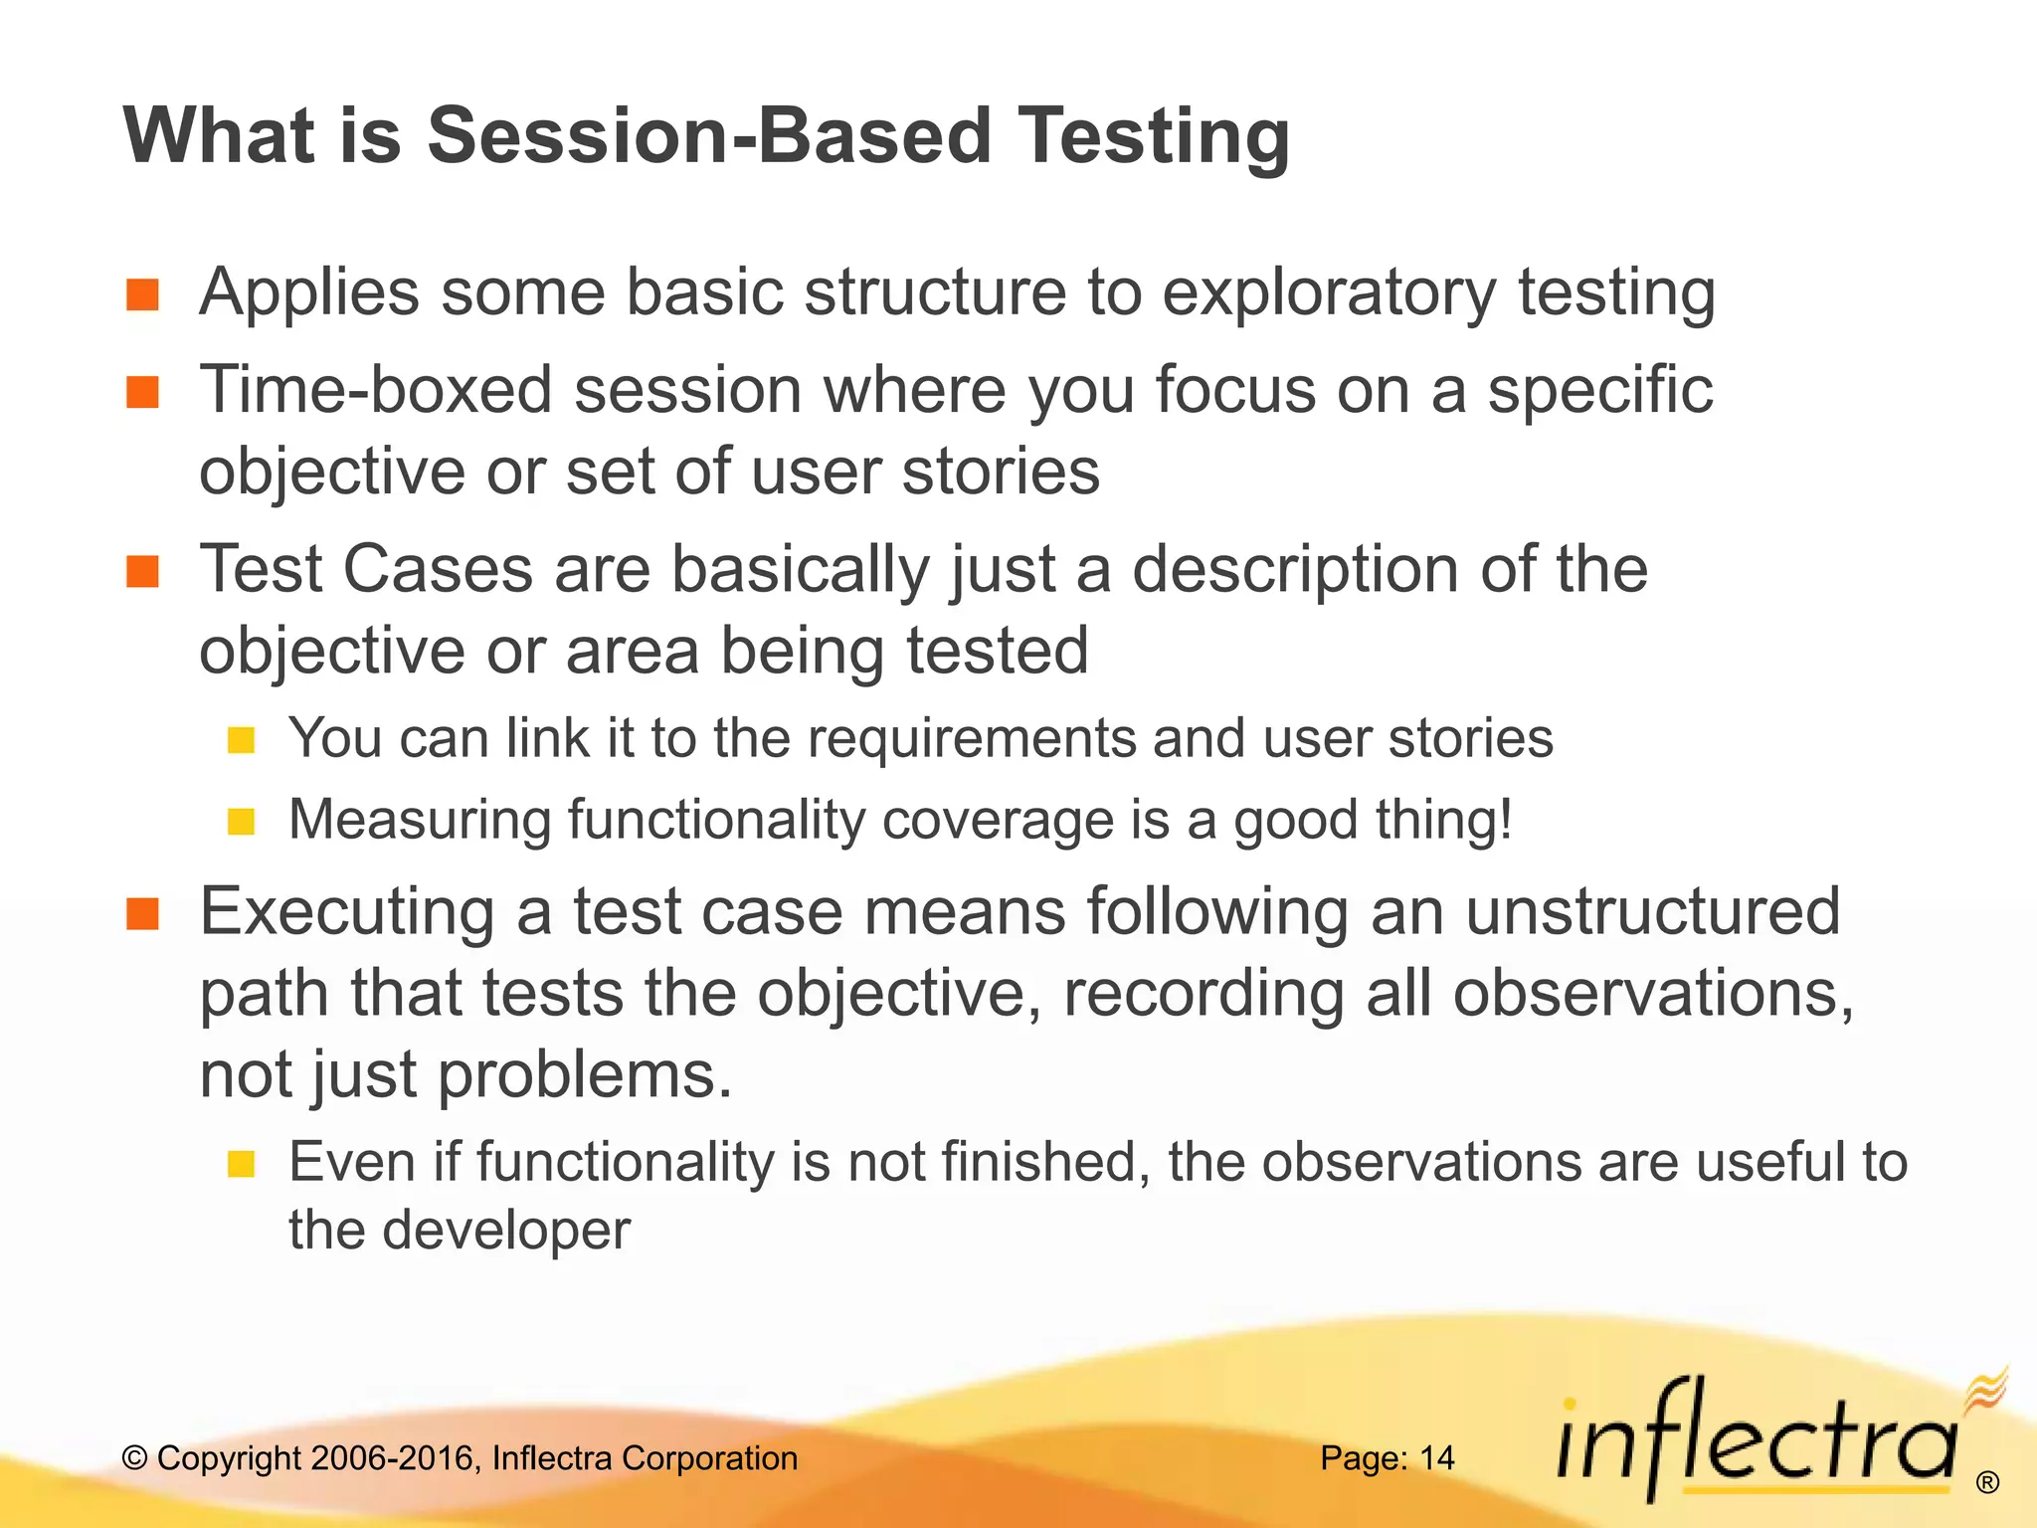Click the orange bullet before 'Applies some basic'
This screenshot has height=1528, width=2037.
[x=143, y=294]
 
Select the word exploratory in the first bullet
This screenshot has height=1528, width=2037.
[x=1329, y=294]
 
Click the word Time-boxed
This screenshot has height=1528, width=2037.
[x=376, y=390]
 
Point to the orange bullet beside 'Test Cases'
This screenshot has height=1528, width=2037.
[x=143, y=572]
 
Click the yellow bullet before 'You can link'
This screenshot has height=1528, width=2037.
[x=242, y=740]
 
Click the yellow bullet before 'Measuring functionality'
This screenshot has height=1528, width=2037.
[x=242, y=822]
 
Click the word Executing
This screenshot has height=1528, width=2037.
[x=347, y=913]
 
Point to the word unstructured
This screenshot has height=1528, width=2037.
[x=1652, y=911]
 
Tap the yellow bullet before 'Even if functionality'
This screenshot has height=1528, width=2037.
[x=242, y=1164]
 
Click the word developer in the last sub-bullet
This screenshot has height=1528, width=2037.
[x=506, y=1231]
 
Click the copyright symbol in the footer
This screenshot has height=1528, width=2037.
[x=134, y=1458]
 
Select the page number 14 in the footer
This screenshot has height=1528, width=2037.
[x=1436, y=1458]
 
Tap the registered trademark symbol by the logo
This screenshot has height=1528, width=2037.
[x=1987, y=1483]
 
